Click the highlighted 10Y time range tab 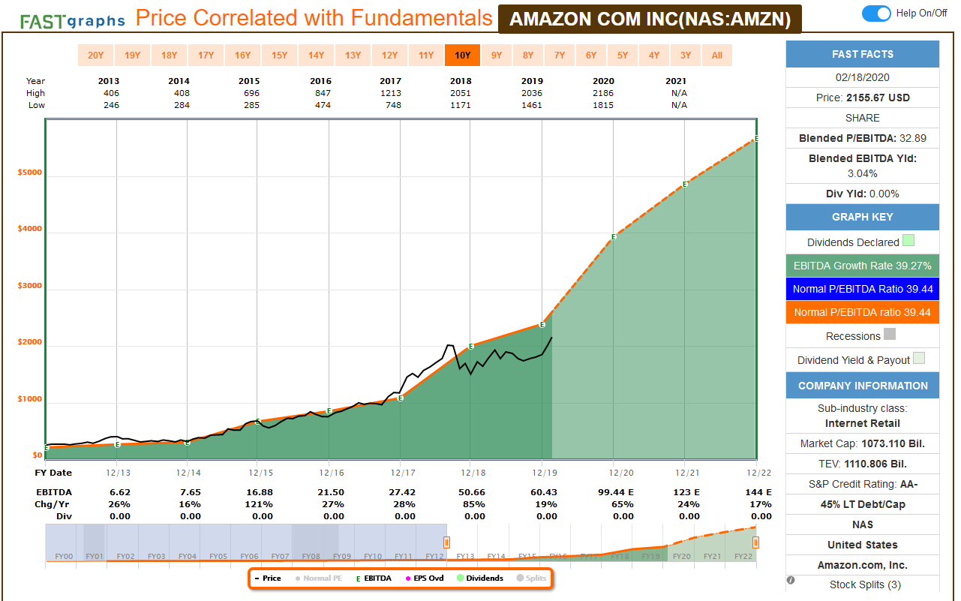pyautogui.click(x=462, y=55)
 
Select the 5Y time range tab pyautogui.click(x=623, y=55)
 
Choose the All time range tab pyautogui.click(x=717, y=55)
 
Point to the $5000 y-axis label pyautogui.click(x=30, y=173)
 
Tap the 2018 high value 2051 pyautogui.click(x=461, y=93)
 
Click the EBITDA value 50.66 pyautogui.click(x=475, y=491)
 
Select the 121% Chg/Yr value pyautogui.click(x=263, y=504)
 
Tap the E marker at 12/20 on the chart pyautogui.click(x=614, y=237)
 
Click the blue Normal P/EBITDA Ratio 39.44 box pyautogui.click(x=862, y=288)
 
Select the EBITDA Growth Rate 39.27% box pyautogui.click(x=862, y=265)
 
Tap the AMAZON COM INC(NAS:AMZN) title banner pyautogui.click(x=650, y=19)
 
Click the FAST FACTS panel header pyautogui.click(x=862, y=54)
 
